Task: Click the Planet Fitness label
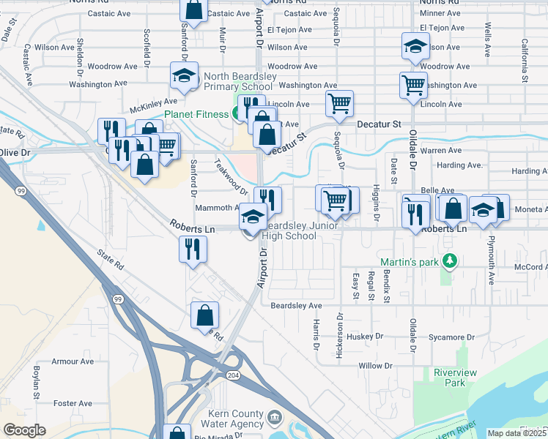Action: [196, 114]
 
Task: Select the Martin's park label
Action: [412, 262]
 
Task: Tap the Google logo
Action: [24, 430]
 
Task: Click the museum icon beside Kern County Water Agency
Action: [274, 418]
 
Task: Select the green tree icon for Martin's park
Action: [451, 260]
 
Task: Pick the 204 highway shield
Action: [233, 375]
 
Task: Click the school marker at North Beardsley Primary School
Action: [185, 76]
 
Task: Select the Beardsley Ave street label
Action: [296, 305]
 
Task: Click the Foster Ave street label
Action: [73, 403]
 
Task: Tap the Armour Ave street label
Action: [73, 361]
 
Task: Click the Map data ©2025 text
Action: [517, 433]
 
